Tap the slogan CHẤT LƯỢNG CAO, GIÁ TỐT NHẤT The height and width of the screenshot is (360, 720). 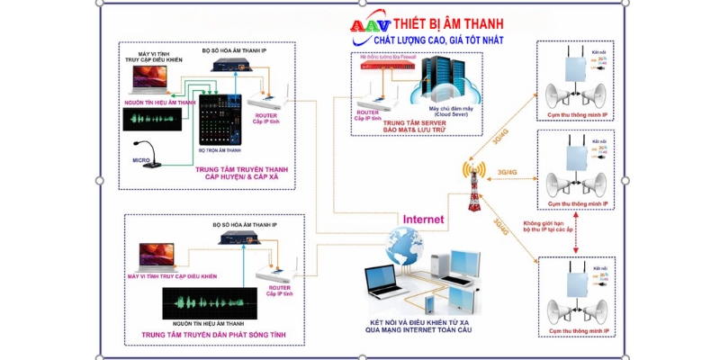(427, 41)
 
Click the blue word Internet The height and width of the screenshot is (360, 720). (423, 219)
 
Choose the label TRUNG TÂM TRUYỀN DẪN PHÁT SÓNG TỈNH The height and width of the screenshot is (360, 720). (213, 335)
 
